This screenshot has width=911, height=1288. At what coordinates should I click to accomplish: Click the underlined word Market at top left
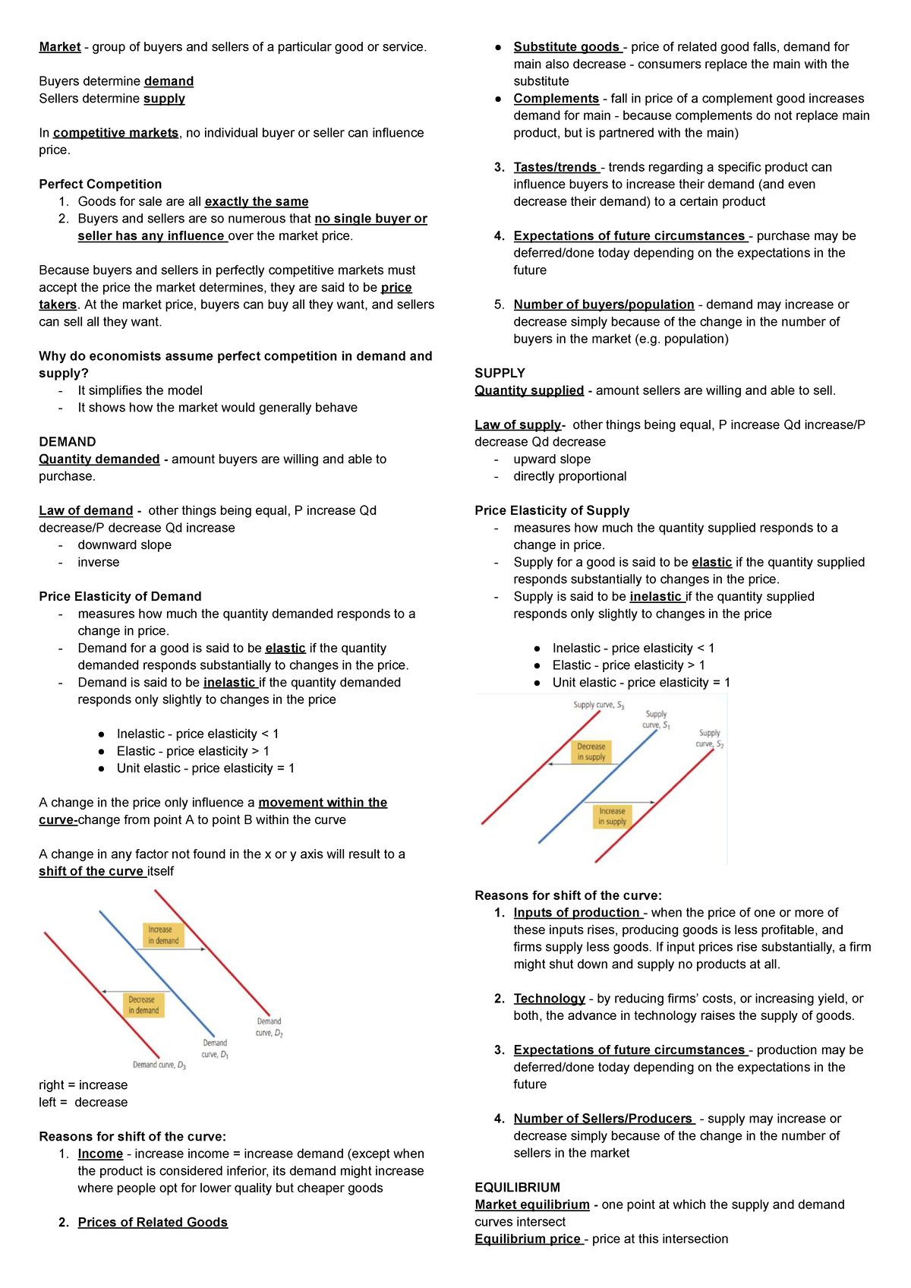pyautogui.click(x=59, y=47)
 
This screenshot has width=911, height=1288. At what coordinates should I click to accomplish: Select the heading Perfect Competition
pyautogui.click(x=100, y=185)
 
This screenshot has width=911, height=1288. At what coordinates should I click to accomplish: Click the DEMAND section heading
pyautogui.click(x=68, y=442)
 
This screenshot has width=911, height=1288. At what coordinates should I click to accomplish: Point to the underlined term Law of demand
pyautogui.click(x=86, y=511)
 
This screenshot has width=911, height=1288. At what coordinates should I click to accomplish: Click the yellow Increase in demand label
pyautogui.click(x=163, y=935)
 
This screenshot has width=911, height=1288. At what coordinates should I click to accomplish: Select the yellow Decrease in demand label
pyautogui.click(x=143, y=1005)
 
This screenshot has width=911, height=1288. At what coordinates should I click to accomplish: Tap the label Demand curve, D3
pyautogui.click(x=159, y=1065)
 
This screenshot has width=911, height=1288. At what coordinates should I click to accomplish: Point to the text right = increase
pyautogui.click(x=84, y=1085)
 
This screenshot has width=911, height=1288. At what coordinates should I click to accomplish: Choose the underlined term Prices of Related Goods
pyautogui.click(x=153, y=1223)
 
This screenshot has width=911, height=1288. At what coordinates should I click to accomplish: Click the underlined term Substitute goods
pyautogui.click(x=566, y=47)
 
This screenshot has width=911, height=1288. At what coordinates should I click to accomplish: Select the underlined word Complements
pyautogui.click(x=556, y=99)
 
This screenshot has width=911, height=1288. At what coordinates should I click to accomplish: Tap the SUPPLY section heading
pyautogui.click(x=500, y=374)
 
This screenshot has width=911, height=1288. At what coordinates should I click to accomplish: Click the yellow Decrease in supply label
pyautogui.click(x=591, y=752)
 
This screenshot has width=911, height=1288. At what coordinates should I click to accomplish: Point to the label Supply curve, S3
pyautogui.click(x=598, y=706)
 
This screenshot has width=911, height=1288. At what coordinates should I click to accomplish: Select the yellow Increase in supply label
pyautogui.click(x=612, y=816)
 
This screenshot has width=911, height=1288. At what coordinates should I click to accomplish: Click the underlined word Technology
pyautogui.click(x=549, y=999)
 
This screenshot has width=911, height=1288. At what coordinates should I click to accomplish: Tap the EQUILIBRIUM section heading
pyautogui.click(x=517, y=1188)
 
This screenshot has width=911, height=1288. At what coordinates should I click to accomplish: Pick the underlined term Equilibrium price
pyautogui.click(x=528, y=1239)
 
